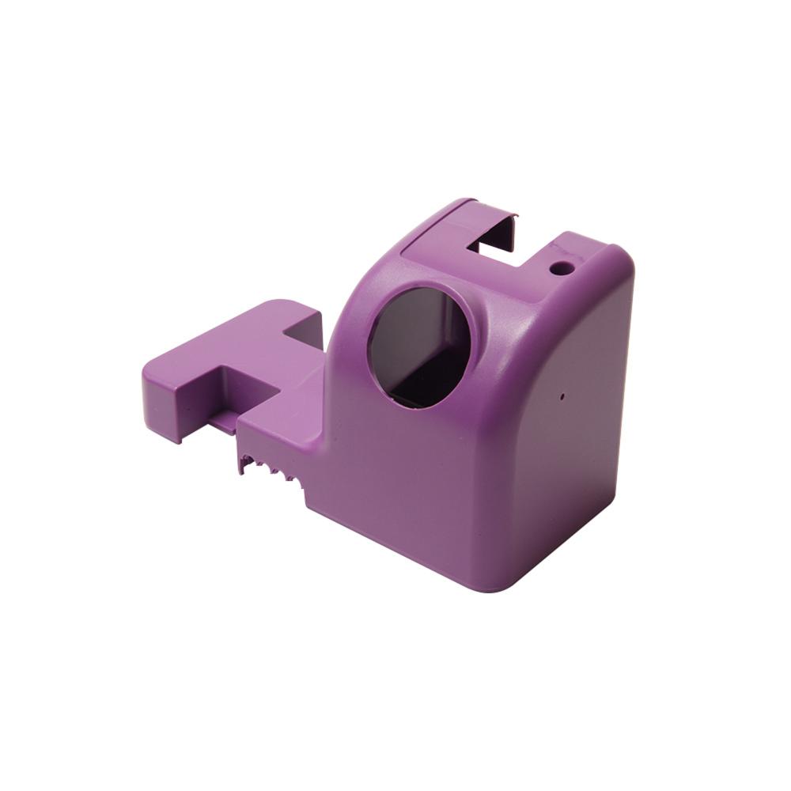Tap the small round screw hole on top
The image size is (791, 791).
point(561,268)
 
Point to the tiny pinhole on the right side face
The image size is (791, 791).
point(562,393)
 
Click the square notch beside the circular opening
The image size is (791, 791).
point(302,331)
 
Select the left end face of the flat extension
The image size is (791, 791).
point(162,400)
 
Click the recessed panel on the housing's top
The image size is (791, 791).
point(443,237)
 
